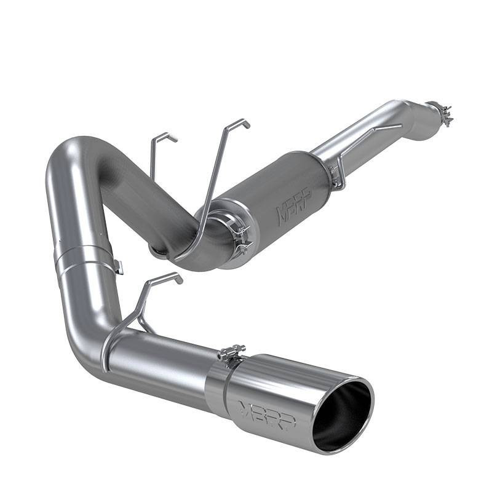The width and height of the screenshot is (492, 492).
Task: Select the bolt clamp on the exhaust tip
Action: [x=231, y=355]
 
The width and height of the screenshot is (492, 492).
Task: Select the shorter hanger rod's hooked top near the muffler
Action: [x=165, y=137]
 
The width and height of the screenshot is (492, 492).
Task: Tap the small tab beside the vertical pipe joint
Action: [x=119, y=267]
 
